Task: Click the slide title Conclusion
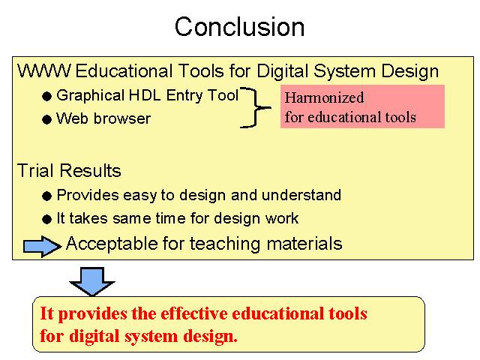click(x=240, y=27)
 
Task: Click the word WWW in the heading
click(x=43, y=70)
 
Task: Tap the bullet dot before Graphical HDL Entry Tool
click(x=46, y=97)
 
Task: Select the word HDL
click(x=145, y=95)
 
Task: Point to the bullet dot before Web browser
click(x=46, y=119)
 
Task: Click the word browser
click(x=122, y=118)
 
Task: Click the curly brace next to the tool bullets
click(x=256, y=107)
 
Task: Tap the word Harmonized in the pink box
click(x=325, y=97)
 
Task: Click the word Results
click(x=90, y=170)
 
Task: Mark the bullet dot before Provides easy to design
click(x=46, y=196)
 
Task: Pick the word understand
click(x=301, y=195)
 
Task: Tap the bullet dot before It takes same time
click(x=46, y=219)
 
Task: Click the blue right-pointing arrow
click(x=42, y=246)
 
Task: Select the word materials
click(x=304, y=244)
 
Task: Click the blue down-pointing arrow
click(x=92, y=281)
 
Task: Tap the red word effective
click(x=194, y=313)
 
